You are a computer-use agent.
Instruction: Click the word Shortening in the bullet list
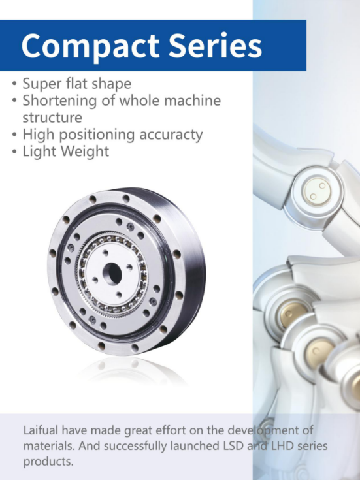click(59, 101)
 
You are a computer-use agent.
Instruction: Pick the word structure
click(52, 118)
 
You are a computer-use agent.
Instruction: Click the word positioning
click(97, 135)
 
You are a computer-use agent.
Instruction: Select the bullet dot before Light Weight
click(14, 152)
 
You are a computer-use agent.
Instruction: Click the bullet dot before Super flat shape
click(14, 84)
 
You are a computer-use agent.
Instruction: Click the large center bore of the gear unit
click(112, 274)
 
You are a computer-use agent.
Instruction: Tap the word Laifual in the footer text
click(41, 430)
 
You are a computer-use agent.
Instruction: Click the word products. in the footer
click(48, 462)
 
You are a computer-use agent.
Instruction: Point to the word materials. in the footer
click(49, 445)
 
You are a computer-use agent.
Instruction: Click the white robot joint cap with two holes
click(317, 191)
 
